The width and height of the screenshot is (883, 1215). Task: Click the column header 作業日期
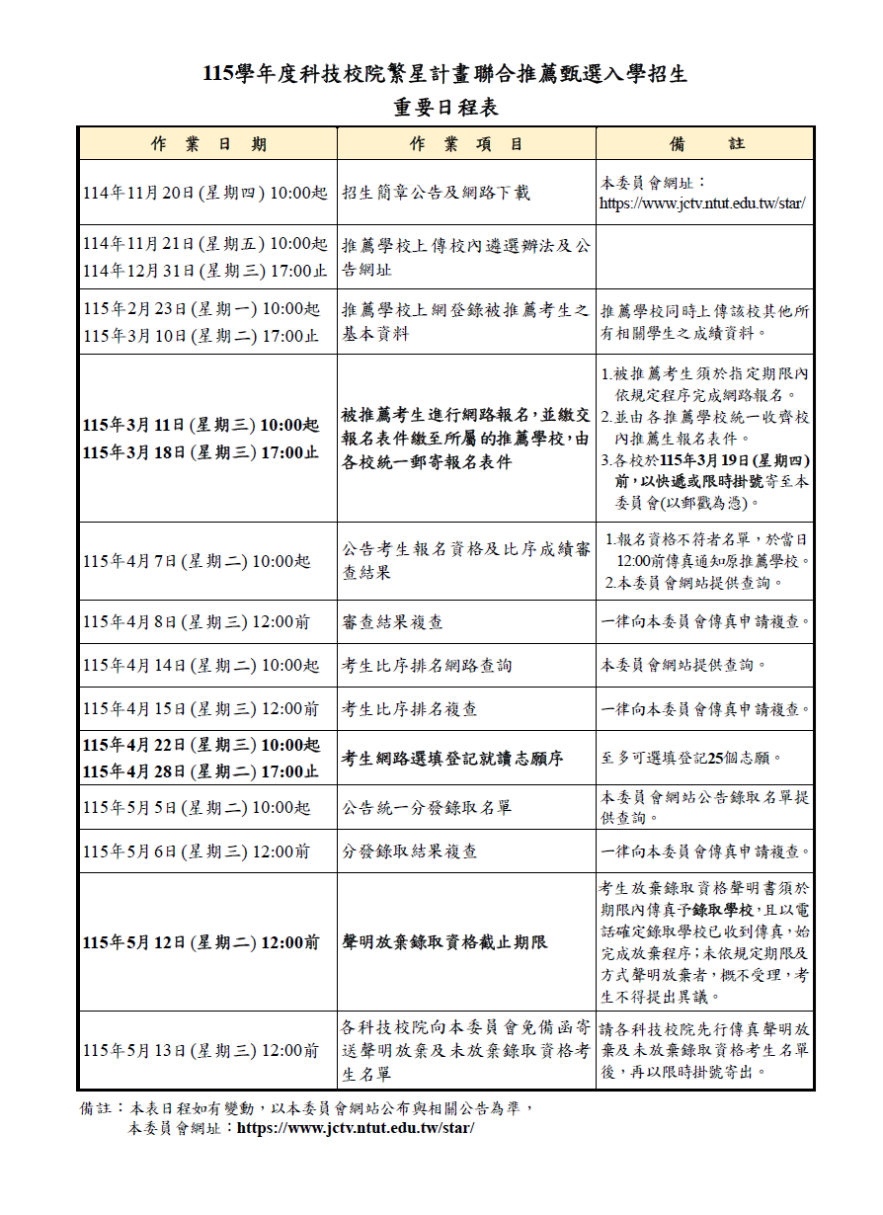208,144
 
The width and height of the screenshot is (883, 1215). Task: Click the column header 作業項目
466,144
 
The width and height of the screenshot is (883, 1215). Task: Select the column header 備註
706,144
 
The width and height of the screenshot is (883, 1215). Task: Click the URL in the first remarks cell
701,203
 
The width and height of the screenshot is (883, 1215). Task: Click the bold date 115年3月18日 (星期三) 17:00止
201,452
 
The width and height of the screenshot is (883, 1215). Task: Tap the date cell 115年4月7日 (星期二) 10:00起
196,561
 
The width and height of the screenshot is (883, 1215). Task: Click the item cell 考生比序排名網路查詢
427,666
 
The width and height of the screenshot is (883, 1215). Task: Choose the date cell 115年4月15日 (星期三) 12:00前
201,709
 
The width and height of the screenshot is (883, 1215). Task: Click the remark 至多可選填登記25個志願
691,759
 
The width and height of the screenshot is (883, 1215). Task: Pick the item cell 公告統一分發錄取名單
427,807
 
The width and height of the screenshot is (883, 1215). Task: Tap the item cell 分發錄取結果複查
410,850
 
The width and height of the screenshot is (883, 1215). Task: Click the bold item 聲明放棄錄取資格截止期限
444,942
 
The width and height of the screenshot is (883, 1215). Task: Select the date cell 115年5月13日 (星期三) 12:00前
201,1050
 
